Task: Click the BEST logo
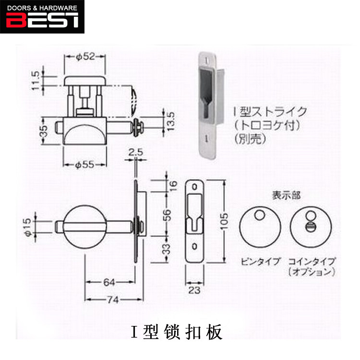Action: [x=42, y=17]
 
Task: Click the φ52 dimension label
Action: [x=84, y=57]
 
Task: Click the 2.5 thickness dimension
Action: [x=137, y=153]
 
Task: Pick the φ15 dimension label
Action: [x=28, y=226]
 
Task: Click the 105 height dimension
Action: [x=230, y=221]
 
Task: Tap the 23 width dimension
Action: [x=194, y=289]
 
